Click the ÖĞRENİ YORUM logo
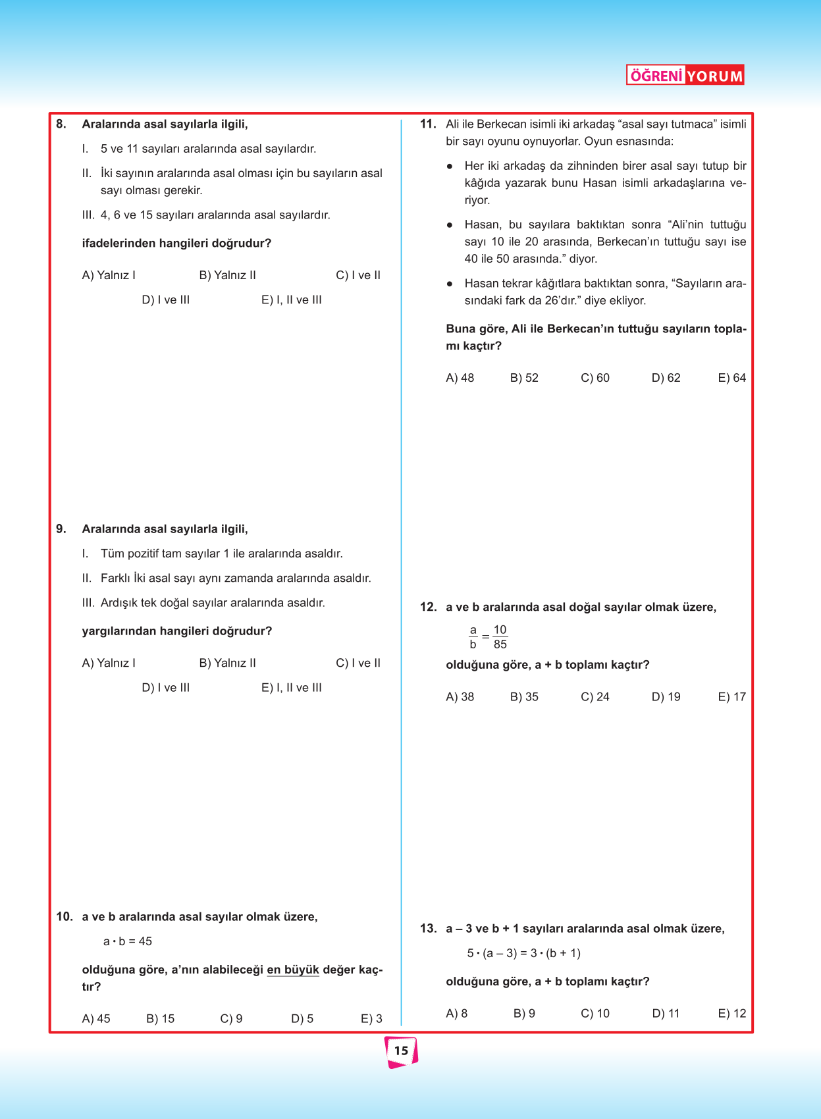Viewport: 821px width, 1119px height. [685, 75]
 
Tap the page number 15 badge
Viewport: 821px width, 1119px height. [401, 1051]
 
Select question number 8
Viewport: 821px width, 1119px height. [61, 124]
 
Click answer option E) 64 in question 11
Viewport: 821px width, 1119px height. [731, 378]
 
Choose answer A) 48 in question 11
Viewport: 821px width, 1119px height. [460, 378]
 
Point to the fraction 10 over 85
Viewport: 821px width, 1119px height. [500, 637]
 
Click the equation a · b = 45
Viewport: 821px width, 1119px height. [127, 941]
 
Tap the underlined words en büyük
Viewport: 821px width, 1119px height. [292, 970]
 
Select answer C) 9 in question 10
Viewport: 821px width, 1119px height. [231, 1018]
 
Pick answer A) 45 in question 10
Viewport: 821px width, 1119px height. [96, 1018]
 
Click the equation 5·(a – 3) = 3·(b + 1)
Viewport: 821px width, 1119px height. [523, 953]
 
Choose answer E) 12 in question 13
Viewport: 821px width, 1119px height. [731, 1013]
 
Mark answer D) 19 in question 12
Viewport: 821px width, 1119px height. [666, 696]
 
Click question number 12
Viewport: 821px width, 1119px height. [428, 607]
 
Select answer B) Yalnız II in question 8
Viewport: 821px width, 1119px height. [227, 275]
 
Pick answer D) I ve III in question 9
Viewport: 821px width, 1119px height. [166, 687]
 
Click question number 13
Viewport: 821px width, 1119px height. [428, 928]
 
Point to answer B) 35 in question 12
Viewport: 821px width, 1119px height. [524, 696]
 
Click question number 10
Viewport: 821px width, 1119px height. [65, 916]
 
